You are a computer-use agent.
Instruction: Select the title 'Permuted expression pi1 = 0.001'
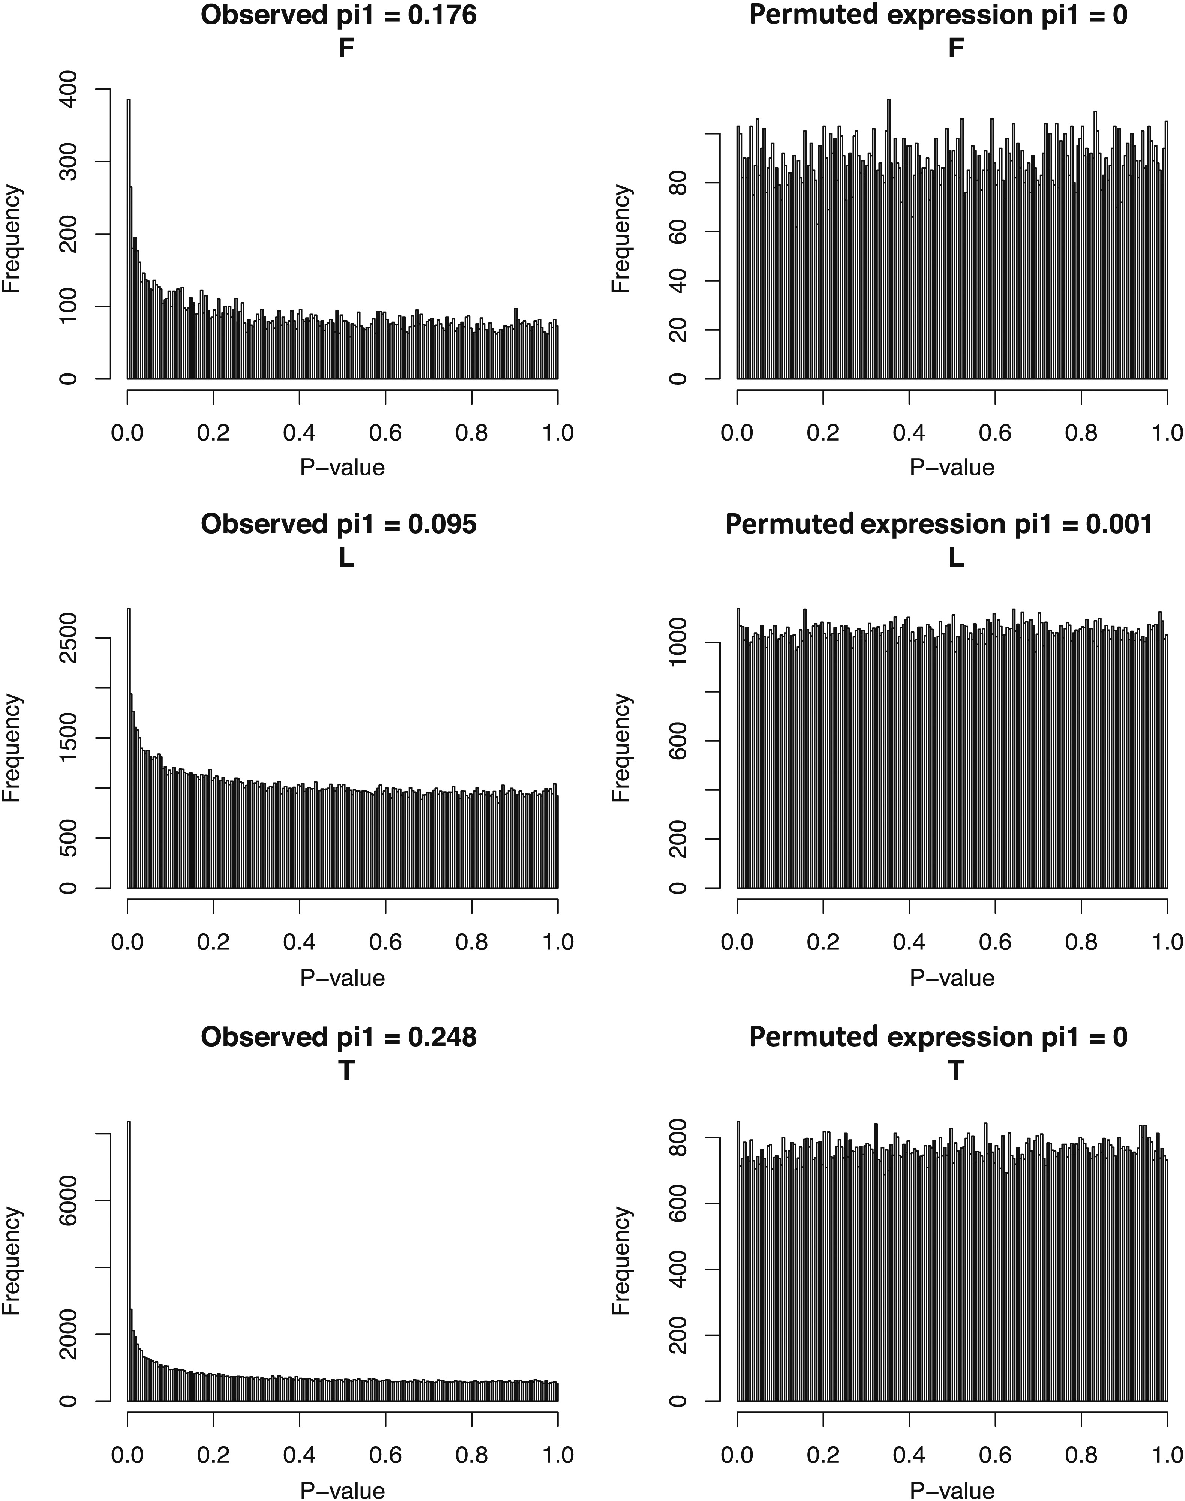click(939, 524)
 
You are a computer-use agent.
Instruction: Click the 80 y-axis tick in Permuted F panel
click(678, 183)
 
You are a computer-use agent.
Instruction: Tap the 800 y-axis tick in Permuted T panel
click(678, 1138)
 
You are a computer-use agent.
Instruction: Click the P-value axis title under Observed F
click(342, 468)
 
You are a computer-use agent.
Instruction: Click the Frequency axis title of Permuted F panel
click(622, 239)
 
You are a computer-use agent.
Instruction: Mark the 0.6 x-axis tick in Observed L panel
click(385, 942)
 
